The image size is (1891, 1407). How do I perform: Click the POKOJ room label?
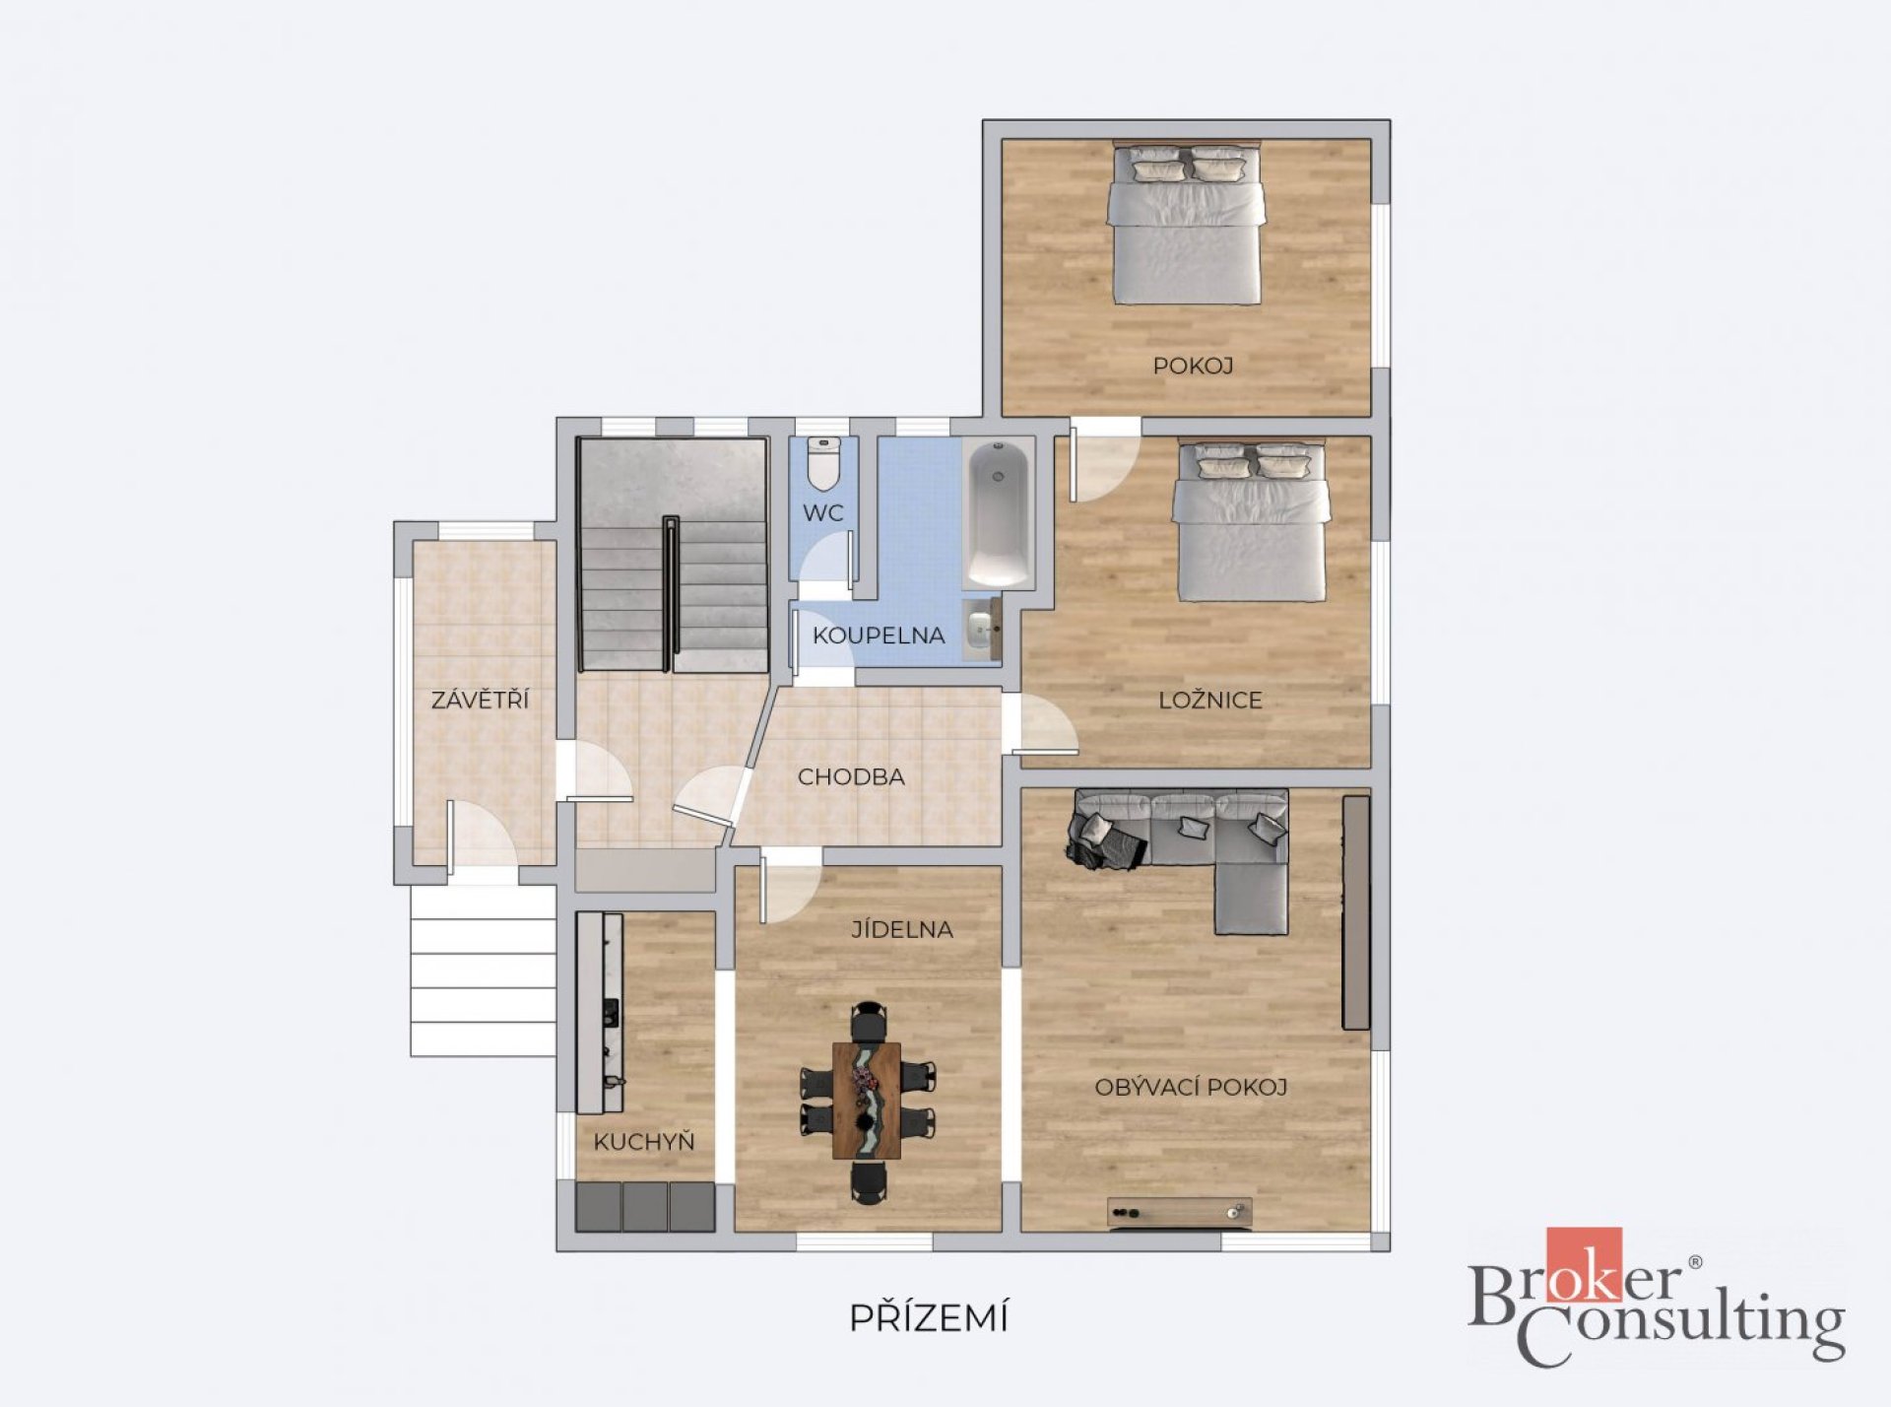point(1193,366)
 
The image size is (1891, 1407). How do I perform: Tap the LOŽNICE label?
point(1210,700)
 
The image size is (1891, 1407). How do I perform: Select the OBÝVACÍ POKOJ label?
point(1191,1087)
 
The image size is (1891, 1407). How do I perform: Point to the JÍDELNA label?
point(902,928)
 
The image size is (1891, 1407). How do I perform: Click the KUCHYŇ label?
point(644,1141)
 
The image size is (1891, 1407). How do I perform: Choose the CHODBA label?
point(851,776)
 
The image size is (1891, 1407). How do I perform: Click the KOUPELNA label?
point(879,636)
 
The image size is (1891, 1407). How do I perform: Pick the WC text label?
point(822,512)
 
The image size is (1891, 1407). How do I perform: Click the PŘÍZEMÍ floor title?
point(929,1317)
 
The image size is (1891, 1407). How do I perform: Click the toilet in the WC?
point(823,463)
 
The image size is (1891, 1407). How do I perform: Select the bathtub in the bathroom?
point(998,513)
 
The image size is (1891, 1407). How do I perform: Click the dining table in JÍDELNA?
point(866,1101)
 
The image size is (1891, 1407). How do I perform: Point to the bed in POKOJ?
point(1186,224)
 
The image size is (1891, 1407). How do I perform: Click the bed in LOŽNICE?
point(1251,521)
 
